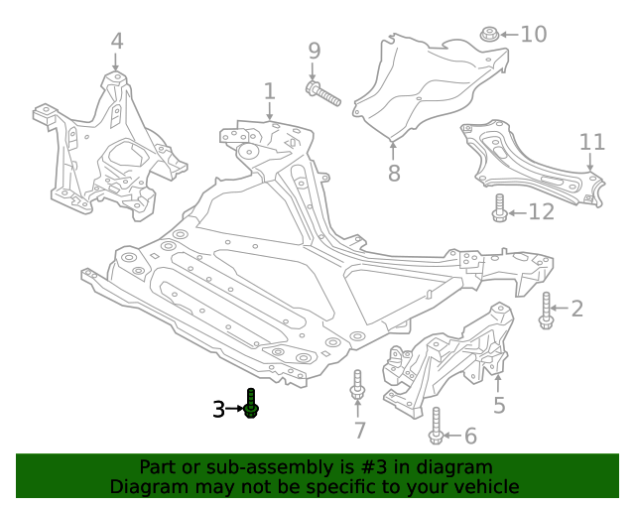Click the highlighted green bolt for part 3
pos(252,404)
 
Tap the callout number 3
pos(219,408)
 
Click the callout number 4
pos(117,41)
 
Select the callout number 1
pos(269,91)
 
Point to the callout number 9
pos(314,51)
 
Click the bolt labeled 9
pos(322,94)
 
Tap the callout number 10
pos(533,35)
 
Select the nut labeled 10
pos(488,36)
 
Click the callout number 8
pos(394,174)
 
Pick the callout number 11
pos(591,142)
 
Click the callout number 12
pos(541,211)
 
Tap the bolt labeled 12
pos(500,209)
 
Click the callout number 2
pos(576,309)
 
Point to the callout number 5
pos(499,404)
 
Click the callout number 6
pos(470,436)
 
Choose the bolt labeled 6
pos(436,427)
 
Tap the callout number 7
pos(359,431)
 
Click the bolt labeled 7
pos(357,387)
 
